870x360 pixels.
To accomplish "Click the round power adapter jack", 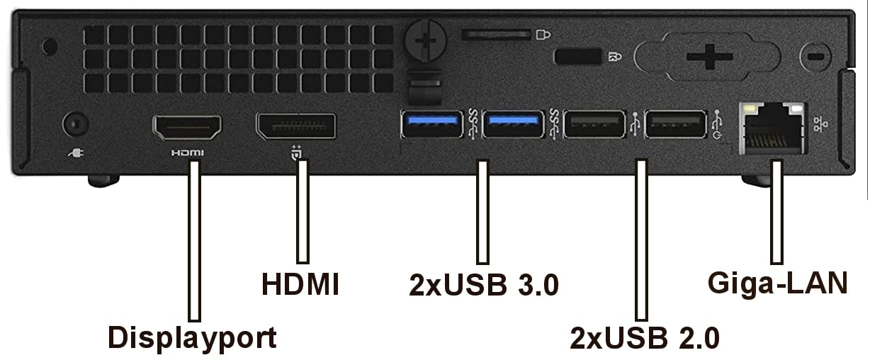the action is [76, 125].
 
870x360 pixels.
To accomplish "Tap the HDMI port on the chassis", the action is [187, 128].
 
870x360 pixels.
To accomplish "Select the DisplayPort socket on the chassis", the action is [296, 126].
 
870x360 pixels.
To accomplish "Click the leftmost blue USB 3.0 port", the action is [432, 124].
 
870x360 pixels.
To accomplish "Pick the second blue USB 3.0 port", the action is [514, 124].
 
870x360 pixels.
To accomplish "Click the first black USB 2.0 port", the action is [594, 124].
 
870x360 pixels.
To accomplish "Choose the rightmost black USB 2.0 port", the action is [676, 124].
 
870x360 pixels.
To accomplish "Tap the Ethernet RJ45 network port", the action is [772, 128].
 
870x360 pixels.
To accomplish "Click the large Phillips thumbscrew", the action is [426, 40].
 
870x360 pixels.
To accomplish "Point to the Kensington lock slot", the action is [578, 57].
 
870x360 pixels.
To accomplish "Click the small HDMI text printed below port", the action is [188, 153].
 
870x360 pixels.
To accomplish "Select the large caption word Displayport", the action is [192, 338].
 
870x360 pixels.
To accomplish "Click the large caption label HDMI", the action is [300, 284].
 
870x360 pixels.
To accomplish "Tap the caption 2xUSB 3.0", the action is [484, 285].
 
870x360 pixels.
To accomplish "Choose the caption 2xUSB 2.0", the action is [645, 338].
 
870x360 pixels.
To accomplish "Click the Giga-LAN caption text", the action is [778, 283].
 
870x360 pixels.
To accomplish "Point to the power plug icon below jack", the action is [76, 153].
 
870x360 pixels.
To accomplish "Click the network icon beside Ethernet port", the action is [820, 124].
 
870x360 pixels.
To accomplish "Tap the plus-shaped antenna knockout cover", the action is [709, 57].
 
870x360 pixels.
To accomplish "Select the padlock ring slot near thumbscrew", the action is [497, 35].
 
